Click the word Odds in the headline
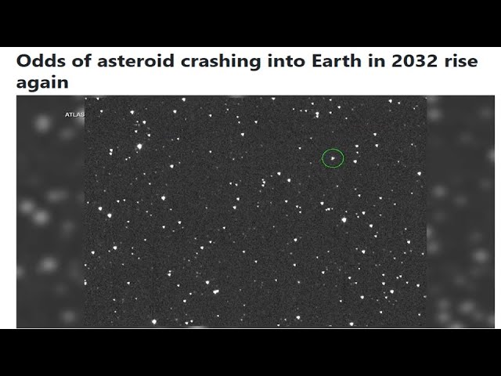click(x=37, y=62)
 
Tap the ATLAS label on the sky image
click(x=74, y=115)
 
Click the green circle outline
click(x=323, y=158)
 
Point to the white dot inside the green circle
click(x=333, y=158)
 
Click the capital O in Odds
click(x=23, y=62)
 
